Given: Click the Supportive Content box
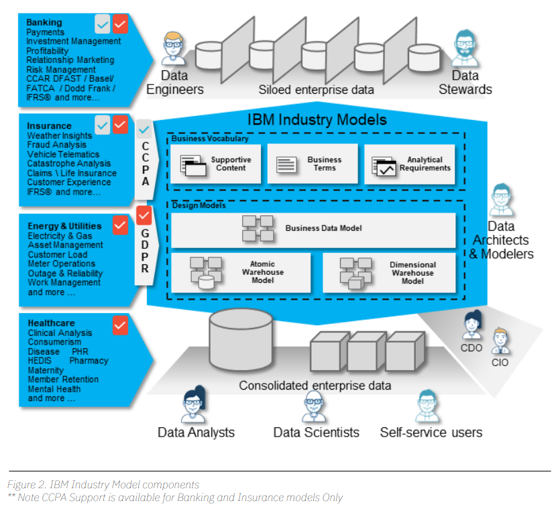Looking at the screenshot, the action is pyautogui.click(x=216, y=164).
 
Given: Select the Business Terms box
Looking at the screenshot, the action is pyautogui.click(x=313, y=164).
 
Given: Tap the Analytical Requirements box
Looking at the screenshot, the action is pyautogui.click(x=410, y=164).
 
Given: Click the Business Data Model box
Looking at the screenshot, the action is pyautogui.click(x=313, y=230).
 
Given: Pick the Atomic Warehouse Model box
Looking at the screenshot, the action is pyautogui.click(x=241, y=272).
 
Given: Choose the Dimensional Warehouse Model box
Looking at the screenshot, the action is pyautogui.click(x=389, y=272).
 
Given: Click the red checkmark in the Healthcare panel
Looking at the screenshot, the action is pyautogui.click(x=120, y=325).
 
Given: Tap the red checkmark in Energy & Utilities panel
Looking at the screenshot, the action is pyautogui.click(x=120, y=225).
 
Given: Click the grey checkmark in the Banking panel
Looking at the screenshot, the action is pyautogui.click(x=103, y=24).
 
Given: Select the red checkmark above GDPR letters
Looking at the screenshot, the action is pyautogui.click(x=144, y=216).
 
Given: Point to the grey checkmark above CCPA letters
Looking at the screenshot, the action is pyautogui.click(x=144, y=129).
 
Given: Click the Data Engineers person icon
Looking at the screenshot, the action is pyautogui.click(x=173, y=49).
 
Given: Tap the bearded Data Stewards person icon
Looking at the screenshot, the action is pyautogui.click(x=465, y=49).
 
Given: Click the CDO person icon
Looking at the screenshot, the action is pyautogui.click(x=472, y=325).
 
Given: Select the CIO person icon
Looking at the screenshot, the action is pyautogui.click(x=500, y=341).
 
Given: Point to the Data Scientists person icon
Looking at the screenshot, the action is pyautogui.click(x=314, y=406).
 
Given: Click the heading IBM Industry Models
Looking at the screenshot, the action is pyautogui.click(x=317, y=119).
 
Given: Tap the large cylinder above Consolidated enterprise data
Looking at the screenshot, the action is pyautogui.click(x=241, y=340).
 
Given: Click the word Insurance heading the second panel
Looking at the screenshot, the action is pyautogui.click(x=50, y=126).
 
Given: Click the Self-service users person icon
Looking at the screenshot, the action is pyautogui.click(x=427, y=406).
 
